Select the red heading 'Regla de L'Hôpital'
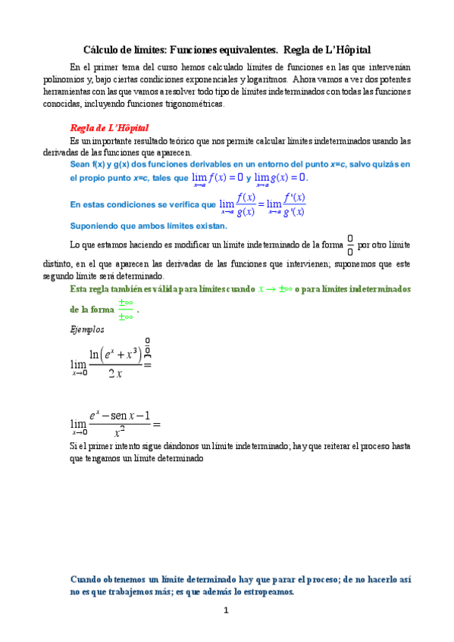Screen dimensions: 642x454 [x=109, y=128]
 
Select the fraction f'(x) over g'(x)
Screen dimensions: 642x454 [x=293, y=204]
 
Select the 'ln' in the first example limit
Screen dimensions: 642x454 [x=96, y=354]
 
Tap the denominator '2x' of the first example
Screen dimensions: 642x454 [x=116, y=373]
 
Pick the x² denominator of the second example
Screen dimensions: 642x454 [x=119, y=434]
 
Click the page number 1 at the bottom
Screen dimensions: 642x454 [x=225, y=611]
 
